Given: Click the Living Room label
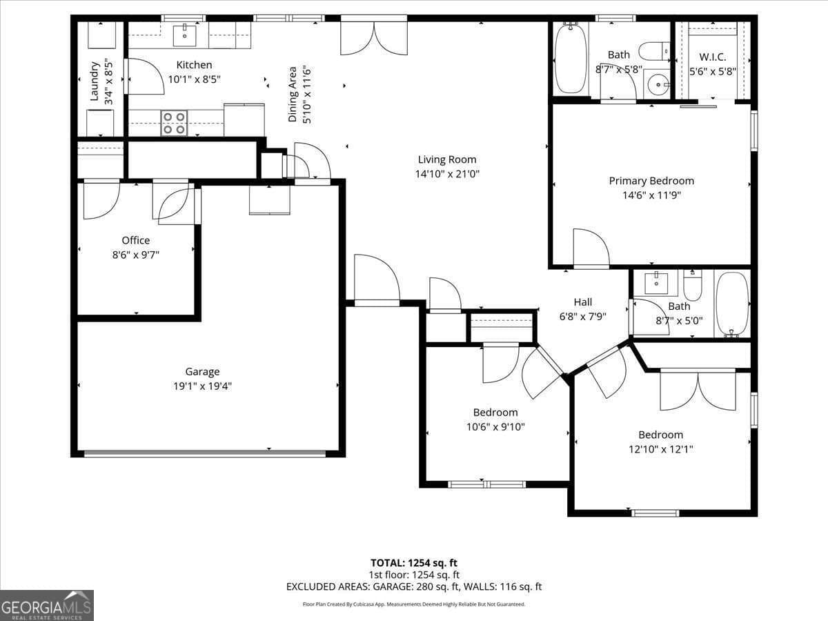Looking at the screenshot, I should [x=446, y=159].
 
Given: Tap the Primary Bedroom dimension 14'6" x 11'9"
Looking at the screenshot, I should [x=651, y=195].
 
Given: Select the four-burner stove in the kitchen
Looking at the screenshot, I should [x=174, y=123].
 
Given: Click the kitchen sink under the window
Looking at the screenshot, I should [x=184, y=34].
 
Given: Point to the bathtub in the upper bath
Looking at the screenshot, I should [x=571, y=59].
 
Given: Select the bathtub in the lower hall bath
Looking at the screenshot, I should [x=732, y=304].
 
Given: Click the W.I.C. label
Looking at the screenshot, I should [x=713, y=56].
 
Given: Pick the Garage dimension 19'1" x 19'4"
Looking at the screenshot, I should [x=202, y=386].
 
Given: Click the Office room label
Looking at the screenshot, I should [x=135, y=240].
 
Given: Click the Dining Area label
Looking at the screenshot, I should [x=293, y=95].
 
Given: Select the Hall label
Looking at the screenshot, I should [x=582, y=302].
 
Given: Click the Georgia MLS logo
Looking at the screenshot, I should [x=47, y=605].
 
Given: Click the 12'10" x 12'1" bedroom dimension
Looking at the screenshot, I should [x=660, y=449].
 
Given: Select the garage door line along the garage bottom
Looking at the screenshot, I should [x=204, y=453].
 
